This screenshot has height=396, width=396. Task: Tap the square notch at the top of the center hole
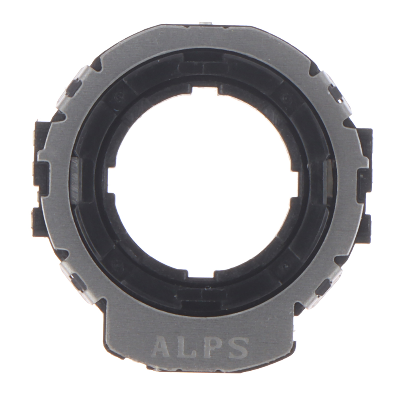205,91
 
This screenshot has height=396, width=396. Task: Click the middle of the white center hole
203,183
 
